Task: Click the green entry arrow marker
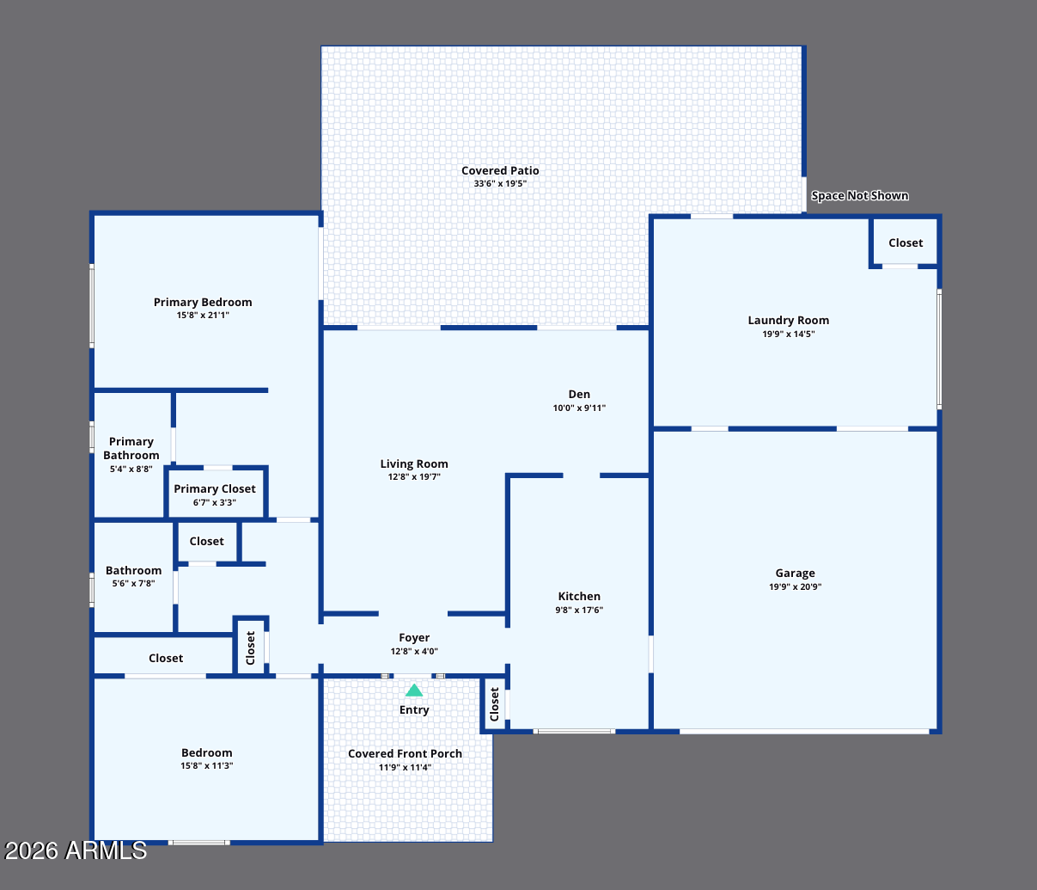tap(414, 691)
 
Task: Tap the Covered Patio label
tap(500, 171)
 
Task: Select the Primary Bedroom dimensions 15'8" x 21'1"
tap(203, 316)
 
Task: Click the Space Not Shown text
tap(860, 195)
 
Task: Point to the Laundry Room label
tap(788, 321)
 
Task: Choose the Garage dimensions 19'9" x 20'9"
tap(796, 586)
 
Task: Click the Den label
tap(579, 395)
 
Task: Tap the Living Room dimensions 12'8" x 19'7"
tap(414, 476)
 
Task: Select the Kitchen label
tap(579, 596)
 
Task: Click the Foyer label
tap(414, 638)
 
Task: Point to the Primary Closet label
tap(215, 488)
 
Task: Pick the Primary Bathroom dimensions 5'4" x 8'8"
tap(131, 470)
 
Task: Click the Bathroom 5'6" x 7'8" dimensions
tap(133, 584)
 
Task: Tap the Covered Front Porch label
tap(405, 753)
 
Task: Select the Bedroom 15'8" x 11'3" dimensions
tap(207, 766)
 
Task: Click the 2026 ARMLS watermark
tap(76, 850)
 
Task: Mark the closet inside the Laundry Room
tap(906, 243)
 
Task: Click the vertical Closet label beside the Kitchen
tap(494, 704)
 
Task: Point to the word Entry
tap(414, 709)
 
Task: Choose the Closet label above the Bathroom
tap(207, 542)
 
